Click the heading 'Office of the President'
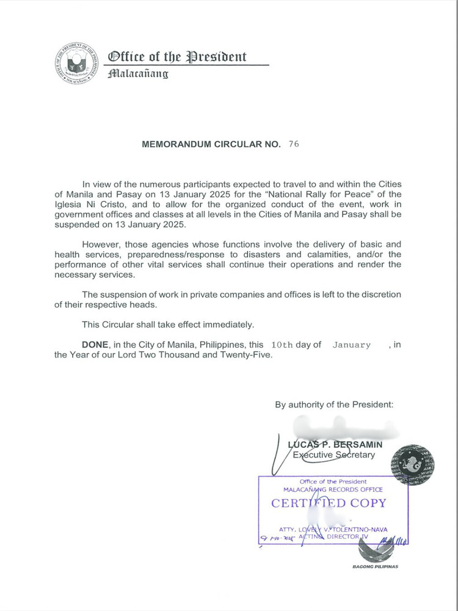177,57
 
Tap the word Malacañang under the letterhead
137,74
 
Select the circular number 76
294,145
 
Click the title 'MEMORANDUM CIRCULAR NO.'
211,145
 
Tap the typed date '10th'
281,345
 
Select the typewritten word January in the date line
351,345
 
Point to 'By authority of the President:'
334,404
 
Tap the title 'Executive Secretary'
334,455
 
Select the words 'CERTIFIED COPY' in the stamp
329,503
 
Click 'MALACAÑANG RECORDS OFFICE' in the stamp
333,489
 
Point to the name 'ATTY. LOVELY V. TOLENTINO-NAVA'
333,529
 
